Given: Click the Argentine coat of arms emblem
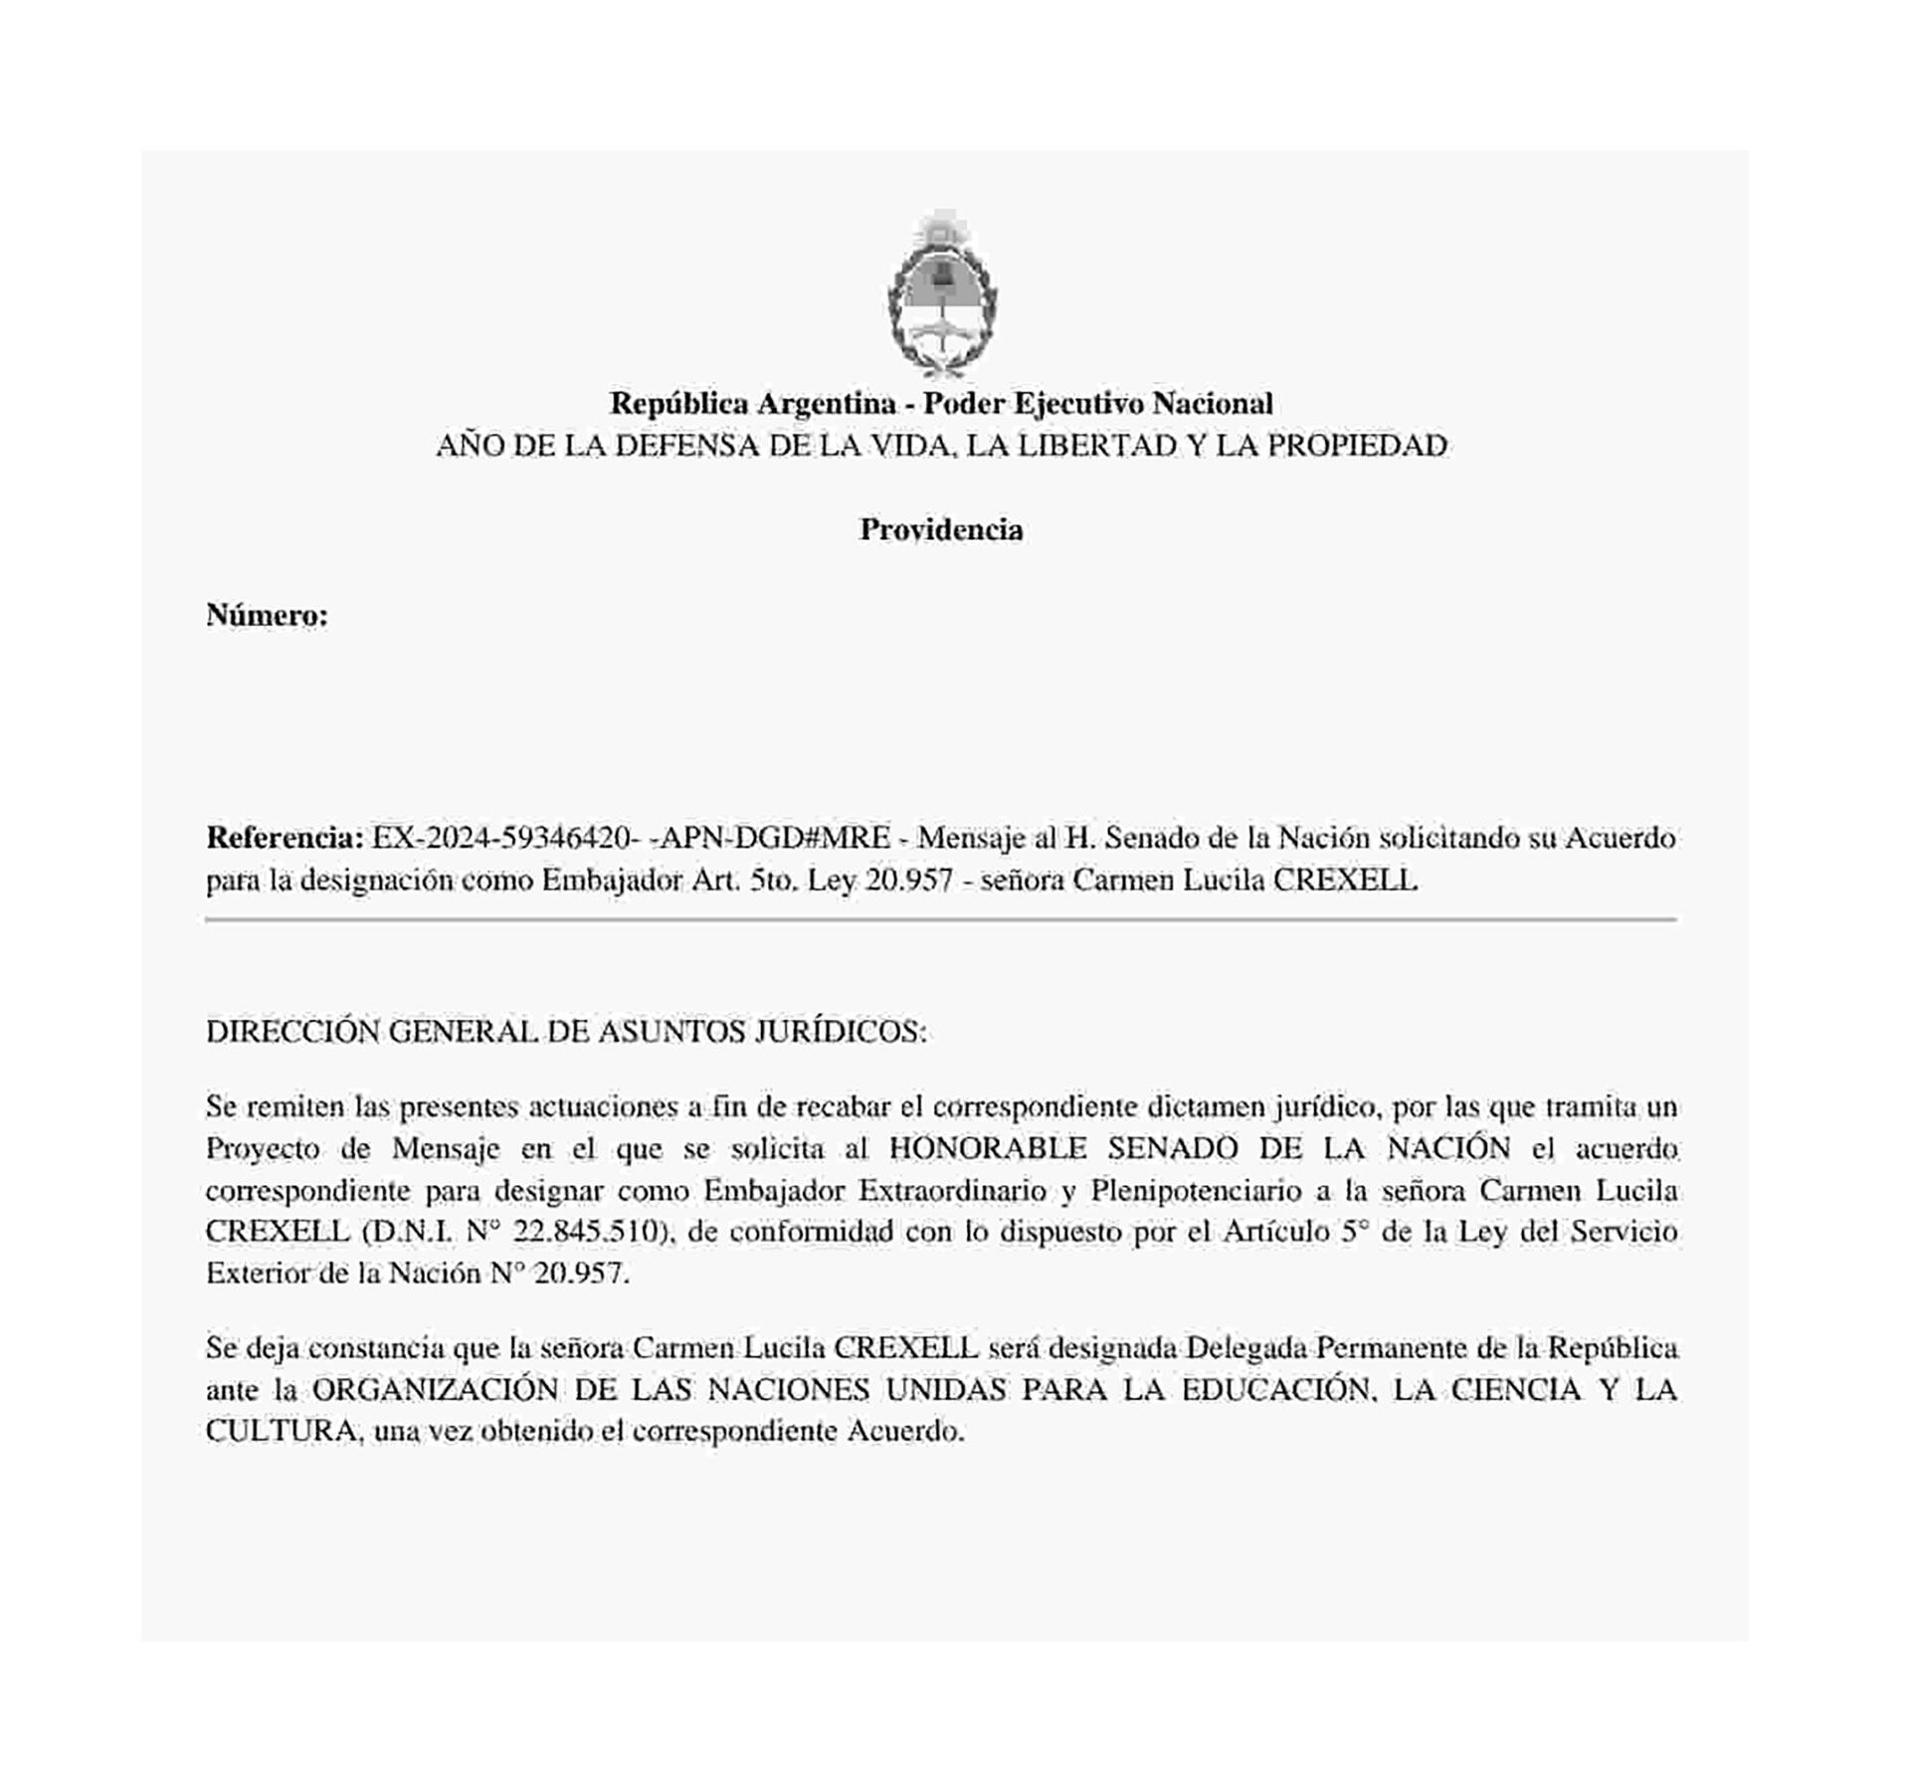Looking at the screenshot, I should [x=942, y=295].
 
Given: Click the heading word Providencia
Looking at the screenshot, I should [x=941, y=529].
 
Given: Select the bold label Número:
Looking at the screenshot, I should [x=267, y=616].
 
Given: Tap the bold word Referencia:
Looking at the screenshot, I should [x=285, y=838].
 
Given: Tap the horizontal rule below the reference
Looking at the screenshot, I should [x=941, y=920].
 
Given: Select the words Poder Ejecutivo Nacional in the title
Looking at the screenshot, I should [x=1098, y=403].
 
